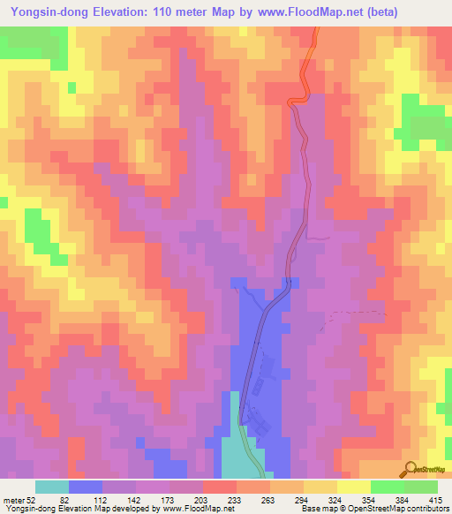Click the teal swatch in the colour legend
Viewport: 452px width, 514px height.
[52, 487]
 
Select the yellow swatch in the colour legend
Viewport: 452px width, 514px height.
[353, 487]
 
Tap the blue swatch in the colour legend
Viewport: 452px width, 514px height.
[86, 487]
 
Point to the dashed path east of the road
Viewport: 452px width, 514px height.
[358, 313]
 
